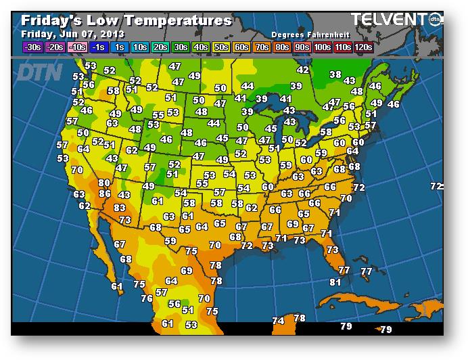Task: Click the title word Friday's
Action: point(52,20)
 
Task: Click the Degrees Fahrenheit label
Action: point(304,34)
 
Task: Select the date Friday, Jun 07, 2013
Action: point(74,33)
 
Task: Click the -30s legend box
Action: point(32,47)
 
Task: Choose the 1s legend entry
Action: point(120,47)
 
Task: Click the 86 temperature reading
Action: point(105,194)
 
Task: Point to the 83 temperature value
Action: point(120,208)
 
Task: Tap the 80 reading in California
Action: point(103,183)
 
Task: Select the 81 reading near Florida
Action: point(335,282)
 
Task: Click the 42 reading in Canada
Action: point(302,70)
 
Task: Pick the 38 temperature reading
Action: point(335,74)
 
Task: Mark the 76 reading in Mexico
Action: point(147,298)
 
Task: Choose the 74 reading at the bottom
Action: point(278,321)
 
